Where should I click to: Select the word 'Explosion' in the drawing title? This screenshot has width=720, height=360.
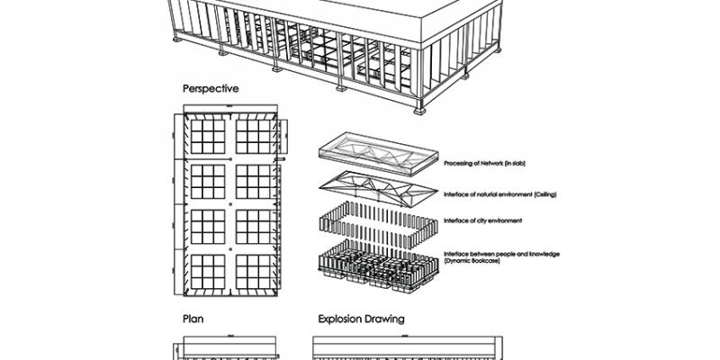pyautogui.click(x=343, y=319)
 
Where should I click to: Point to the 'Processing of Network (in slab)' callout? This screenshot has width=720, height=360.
pyautogui.click(x=487, y=164)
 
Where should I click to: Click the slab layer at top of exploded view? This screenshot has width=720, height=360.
pyautogui.click(x=375, y=154)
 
